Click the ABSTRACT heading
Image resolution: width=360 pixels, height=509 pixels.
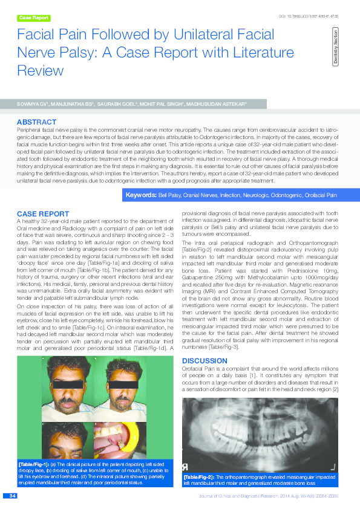[x=36, y=122]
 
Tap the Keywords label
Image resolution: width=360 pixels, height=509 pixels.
[x=140, y=195]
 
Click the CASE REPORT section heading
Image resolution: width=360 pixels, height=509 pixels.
[x=42, y=214]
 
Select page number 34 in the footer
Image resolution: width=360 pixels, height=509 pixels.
[x=12, y=496]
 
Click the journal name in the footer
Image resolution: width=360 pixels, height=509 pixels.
[x=242, y=496]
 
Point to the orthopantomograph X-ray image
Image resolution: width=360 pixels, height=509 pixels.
[x=261, y=430]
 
